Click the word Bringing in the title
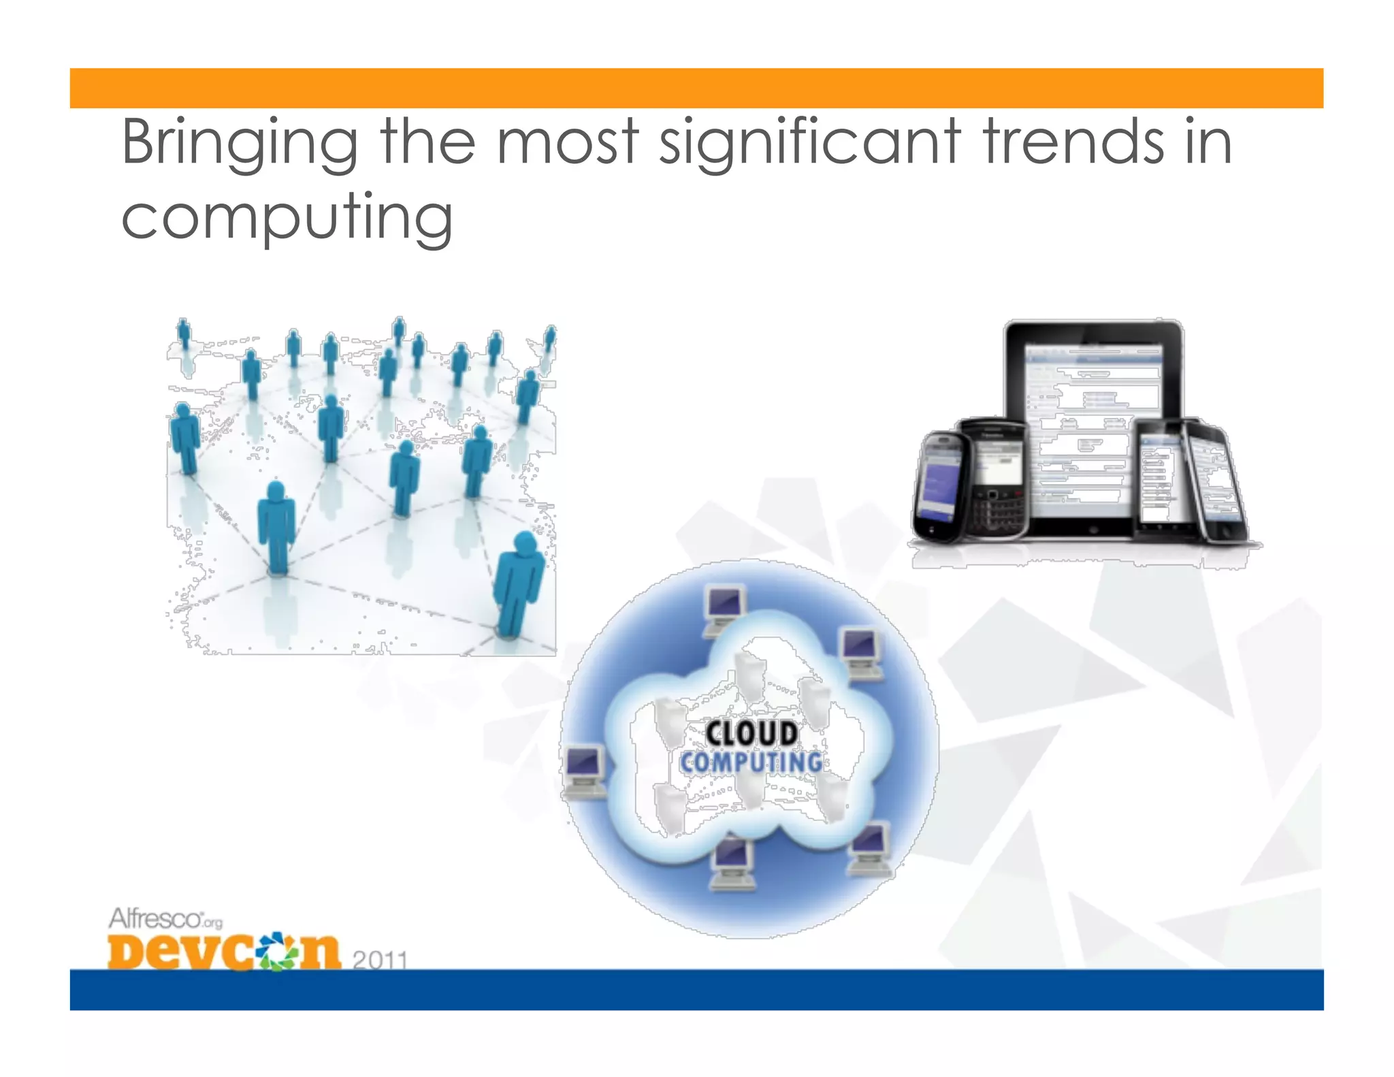[240, 143]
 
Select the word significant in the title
[811, 143]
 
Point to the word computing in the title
[287, 218]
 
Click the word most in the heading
[568, 143]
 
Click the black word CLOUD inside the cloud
[751, 734]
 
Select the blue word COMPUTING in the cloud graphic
[751, 762]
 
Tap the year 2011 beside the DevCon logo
[380, 960]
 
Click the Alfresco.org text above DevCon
[165, 919]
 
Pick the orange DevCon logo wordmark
[223, 951]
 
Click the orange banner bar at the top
[696, 88]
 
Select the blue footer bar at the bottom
[696, 989]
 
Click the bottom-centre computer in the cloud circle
[732, 863]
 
